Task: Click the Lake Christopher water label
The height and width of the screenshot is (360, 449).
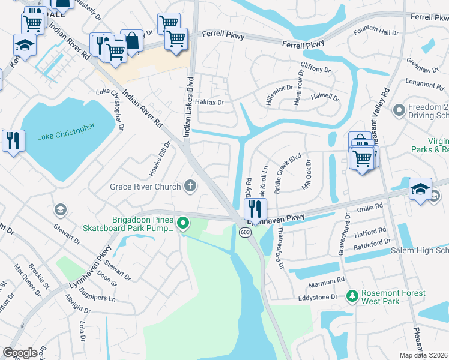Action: click(66, 132)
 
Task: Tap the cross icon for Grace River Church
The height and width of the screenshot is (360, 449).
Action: click(191, 185)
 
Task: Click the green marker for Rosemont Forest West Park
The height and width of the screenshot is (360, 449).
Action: click(352, 295)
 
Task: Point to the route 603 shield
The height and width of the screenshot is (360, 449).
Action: click(244, 232)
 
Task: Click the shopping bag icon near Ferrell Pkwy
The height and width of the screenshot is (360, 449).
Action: click(131, 40)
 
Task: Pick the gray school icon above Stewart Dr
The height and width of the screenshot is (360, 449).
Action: click(59, 209)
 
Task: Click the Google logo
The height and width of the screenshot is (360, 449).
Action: click(20, 352)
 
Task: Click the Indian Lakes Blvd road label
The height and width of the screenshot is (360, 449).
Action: click(188, 108)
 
